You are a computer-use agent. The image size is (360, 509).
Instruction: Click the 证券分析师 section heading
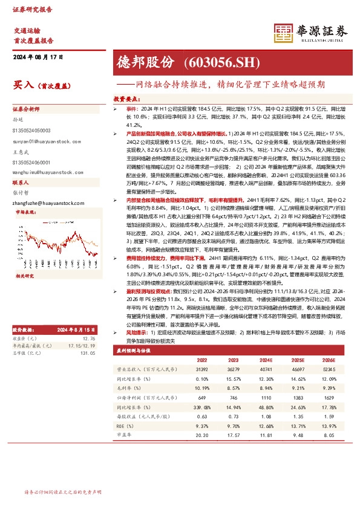(x=26, y=109)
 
